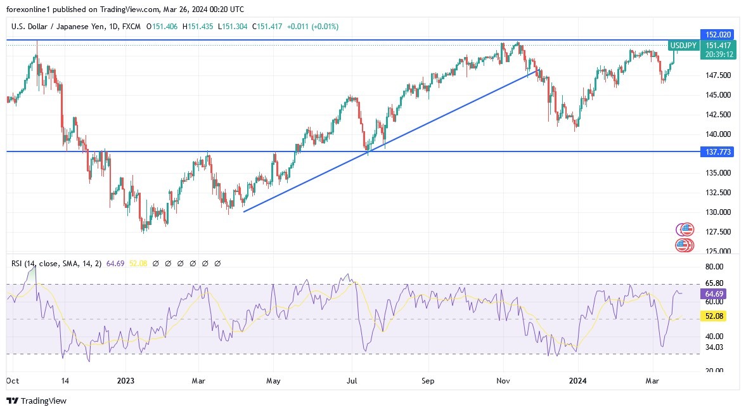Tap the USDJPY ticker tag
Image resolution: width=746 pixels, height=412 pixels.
tap(684, 46)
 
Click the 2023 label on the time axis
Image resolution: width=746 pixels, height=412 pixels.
tap(125, 381)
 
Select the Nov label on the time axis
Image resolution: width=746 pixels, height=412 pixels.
tap(503, 381)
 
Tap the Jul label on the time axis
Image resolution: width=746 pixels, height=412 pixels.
tap(352, 381)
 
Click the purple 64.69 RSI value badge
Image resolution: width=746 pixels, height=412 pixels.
tap(713, 294)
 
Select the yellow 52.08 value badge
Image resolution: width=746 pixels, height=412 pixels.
tap(713, 316)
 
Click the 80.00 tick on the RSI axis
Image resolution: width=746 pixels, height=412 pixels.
tap(714, 267)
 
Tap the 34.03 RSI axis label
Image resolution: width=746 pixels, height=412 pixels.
tap(714, 347)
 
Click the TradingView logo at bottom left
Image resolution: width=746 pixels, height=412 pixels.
tap(36, 401)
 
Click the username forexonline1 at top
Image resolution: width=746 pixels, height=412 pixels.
tap(30, 10)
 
